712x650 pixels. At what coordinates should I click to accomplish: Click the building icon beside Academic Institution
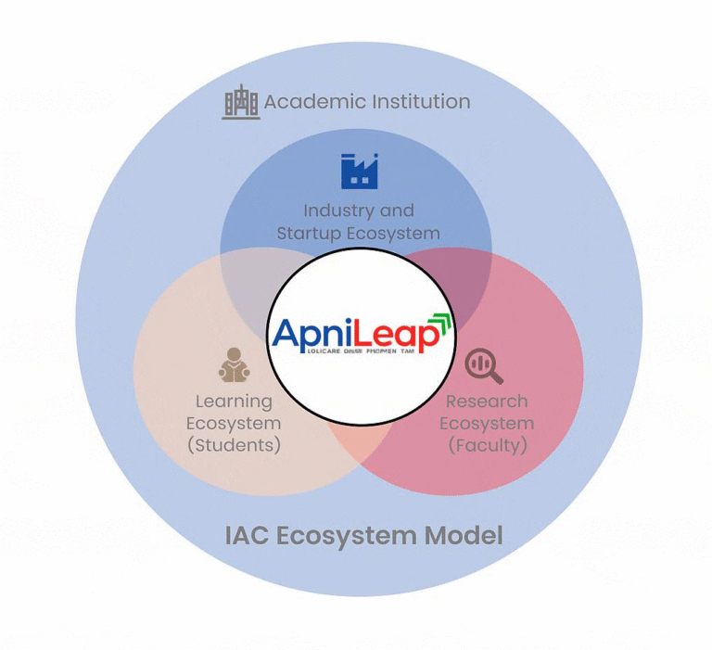[x=241, y=102]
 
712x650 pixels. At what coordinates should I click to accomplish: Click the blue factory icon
[x=360, y=171]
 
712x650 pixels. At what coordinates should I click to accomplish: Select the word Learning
[x=234, y=401]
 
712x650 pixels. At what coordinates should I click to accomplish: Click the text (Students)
[x=234, y=445]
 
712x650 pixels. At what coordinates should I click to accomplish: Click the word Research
[x=487, y=401]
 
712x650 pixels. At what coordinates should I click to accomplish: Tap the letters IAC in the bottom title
[x=245, y=535]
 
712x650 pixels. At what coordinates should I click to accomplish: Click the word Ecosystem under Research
[x=487, y=424]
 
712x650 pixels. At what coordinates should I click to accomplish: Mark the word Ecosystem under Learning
[x=234, y=424]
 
